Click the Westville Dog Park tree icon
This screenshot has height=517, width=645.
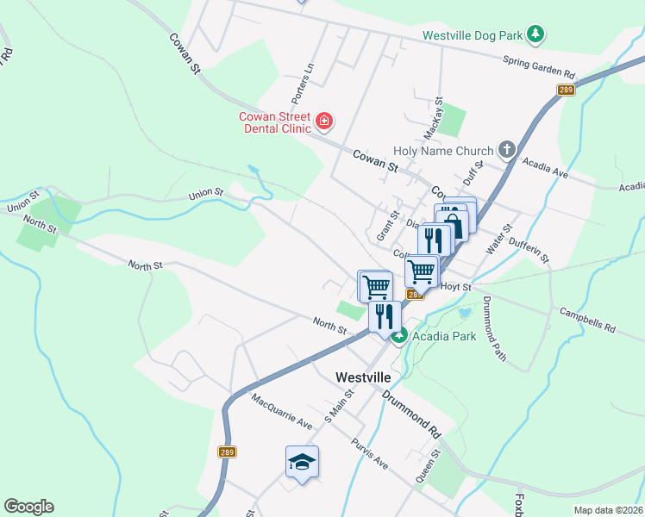tap(536, 34)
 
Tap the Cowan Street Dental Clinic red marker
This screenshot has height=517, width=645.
tap(324, 121)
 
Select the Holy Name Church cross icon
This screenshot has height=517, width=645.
tap(506, 150)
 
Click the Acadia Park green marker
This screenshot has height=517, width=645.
tap(399, 335)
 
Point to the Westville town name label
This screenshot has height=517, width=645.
tap(362, 377)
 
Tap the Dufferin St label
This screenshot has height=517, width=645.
tap(529, 251)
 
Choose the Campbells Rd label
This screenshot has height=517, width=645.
tap(586, 321)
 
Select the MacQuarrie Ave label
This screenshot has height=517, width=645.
tap(281, 412)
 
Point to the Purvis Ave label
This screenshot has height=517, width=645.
tap(369, 453)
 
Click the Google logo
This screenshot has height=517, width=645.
tap(28, 507)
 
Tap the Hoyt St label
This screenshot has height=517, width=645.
tap(455, 286)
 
